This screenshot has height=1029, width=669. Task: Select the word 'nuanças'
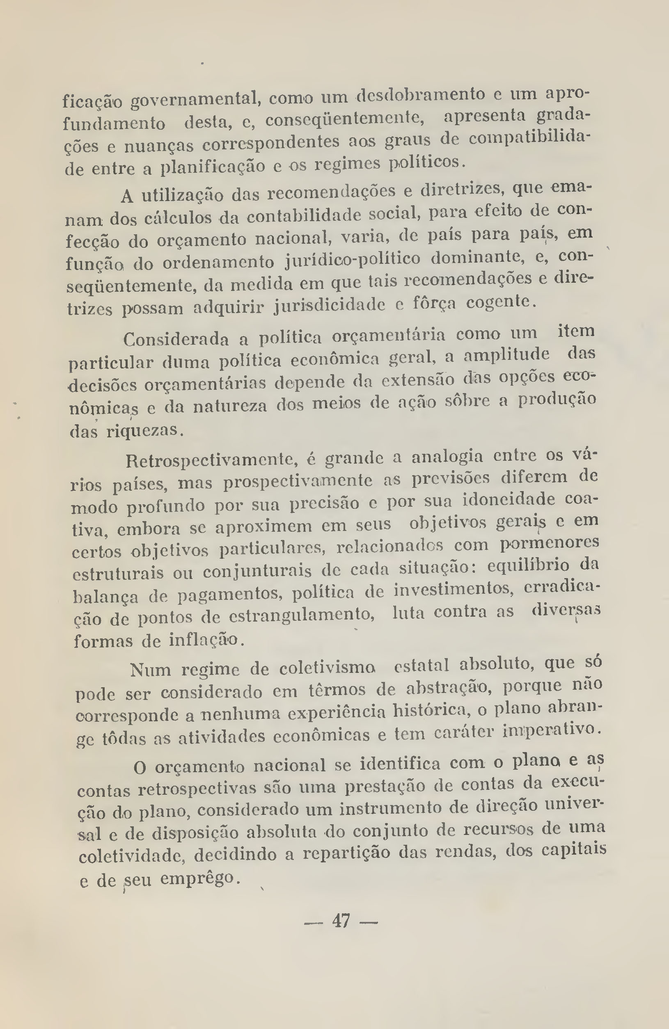(159, 146)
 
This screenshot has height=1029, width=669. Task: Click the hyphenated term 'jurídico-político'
(353, 261)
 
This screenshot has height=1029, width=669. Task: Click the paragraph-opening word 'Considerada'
(176, 338)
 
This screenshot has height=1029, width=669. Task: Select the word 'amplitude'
(506, 355)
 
